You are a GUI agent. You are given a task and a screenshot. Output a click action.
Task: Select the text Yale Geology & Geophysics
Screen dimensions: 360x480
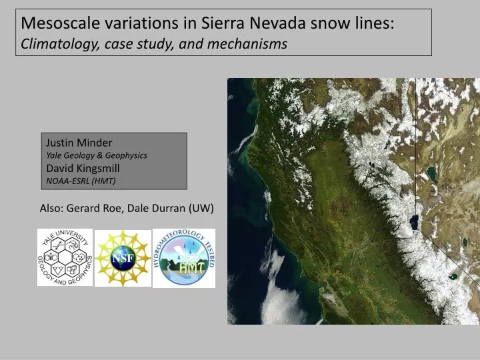pos(96,155)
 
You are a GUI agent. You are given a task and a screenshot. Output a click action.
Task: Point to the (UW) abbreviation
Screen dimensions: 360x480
pos(201,208)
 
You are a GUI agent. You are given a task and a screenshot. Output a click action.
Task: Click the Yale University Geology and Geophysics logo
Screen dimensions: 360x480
pos(65,257)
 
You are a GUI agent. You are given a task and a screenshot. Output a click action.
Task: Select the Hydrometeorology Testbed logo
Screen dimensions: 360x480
pos(184,258)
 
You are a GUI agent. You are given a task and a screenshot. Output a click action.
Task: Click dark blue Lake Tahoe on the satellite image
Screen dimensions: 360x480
pos(415,221)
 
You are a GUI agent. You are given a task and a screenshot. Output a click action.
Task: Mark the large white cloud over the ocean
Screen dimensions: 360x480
pos(267,294)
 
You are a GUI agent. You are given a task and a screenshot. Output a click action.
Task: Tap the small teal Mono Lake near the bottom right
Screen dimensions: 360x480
pos(453,275)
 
